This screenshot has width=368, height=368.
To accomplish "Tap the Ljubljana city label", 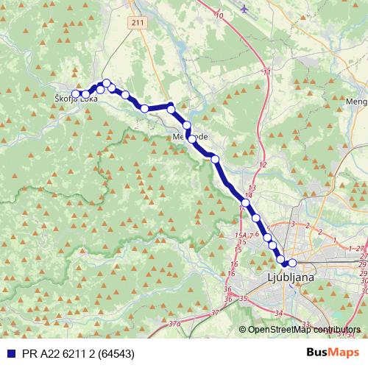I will click(289, 278).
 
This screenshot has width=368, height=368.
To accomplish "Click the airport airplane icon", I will click(244, 9).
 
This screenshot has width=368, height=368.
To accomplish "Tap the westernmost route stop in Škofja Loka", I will click(76, 93).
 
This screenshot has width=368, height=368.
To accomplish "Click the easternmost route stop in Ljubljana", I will click(292, 263).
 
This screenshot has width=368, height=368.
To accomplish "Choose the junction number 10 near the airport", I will click(219, 15).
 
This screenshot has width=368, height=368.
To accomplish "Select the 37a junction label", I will click(174, 323).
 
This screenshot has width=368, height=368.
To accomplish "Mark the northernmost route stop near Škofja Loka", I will click(107, 83).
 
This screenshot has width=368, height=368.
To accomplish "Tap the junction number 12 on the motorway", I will click(262, 164).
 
